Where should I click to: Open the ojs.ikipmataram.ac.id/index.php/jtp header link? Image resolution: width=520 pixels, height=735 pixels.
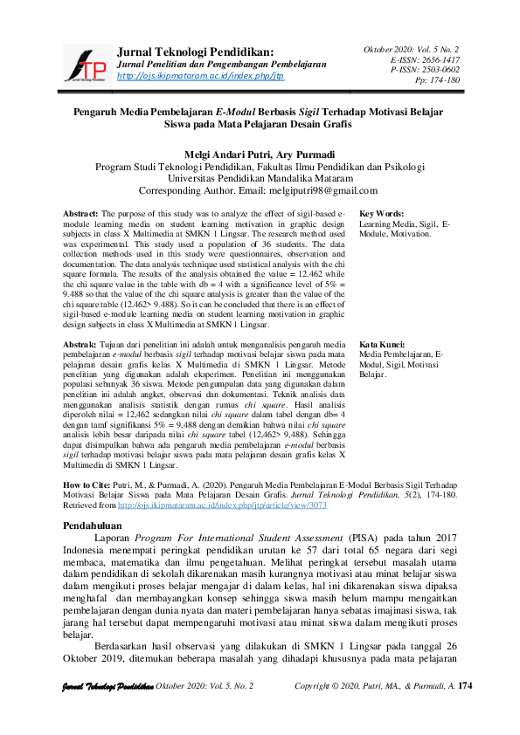200,76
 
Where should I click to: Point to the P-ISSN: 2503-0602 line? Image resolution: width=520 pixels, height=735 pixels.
426,70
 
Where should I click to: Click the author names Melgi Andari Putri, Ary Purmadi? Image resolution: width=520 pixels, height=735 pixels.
259,153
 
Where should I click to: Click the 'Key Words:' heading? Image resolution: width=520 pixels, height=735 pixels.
381,213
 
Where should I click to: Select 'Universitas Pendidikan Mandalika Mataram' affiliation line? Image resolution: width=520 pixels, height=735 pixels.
259,178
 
